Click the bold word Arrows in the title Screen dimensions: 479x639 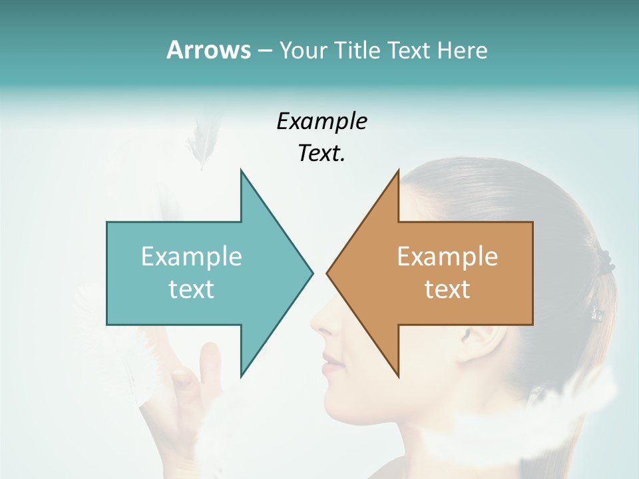208,50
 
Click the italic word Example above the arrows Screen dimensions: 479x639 321,121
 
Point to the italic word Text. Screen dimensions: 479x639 321,153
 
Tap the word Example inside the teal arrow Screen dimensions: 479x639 192,257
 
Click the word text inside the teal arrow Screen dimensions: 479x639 192,289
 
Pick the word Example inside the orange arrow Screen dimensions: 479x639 447,257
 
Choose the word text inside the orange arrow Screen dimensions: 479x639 447,289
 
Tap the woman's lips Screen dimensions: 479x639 332,363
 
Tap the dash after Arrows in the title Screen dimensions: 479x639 264,51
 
